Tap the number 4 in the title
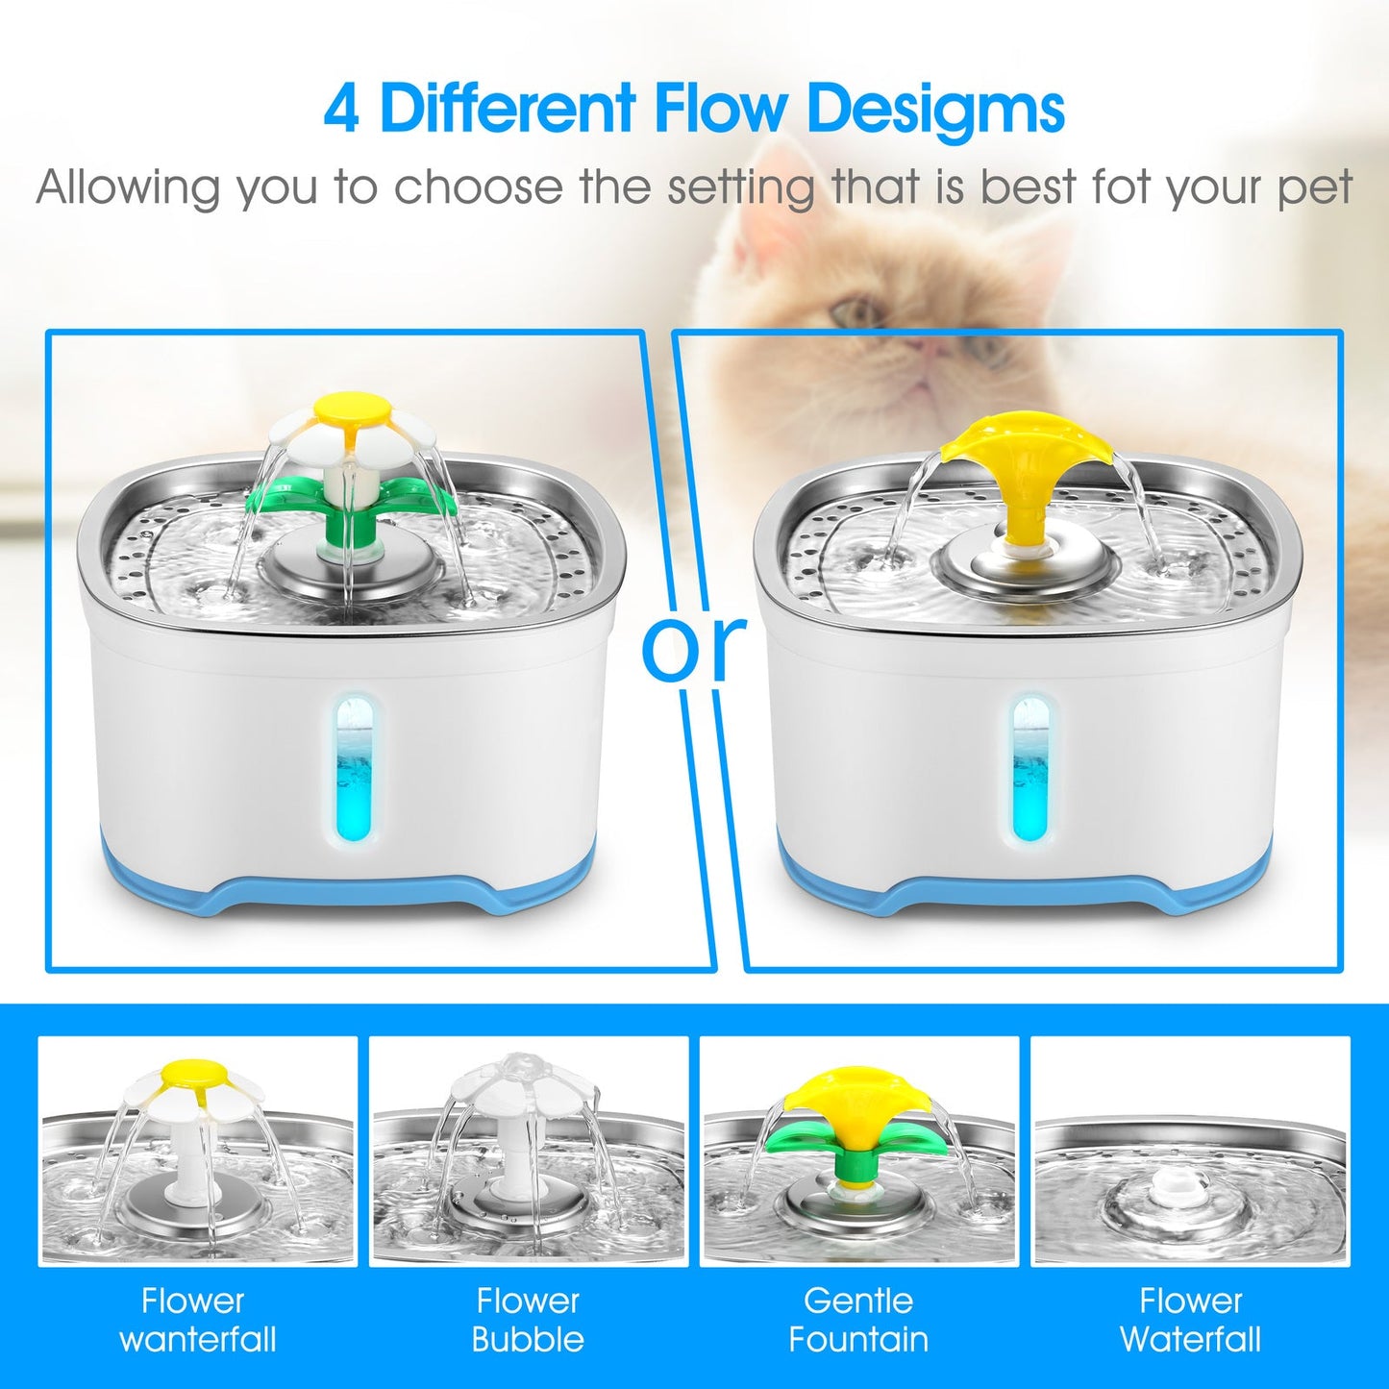point(342,109)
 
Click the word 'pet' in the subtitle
point(1315,188)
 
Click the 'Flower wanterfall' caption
point(196,1320)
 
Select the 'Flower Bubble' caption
point(528,1320)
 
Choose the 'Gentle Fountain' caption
point(858,1320)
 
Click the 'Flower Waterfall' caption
point(1190,1320)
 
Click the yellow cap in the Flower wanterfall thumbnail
point(192,1074)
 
